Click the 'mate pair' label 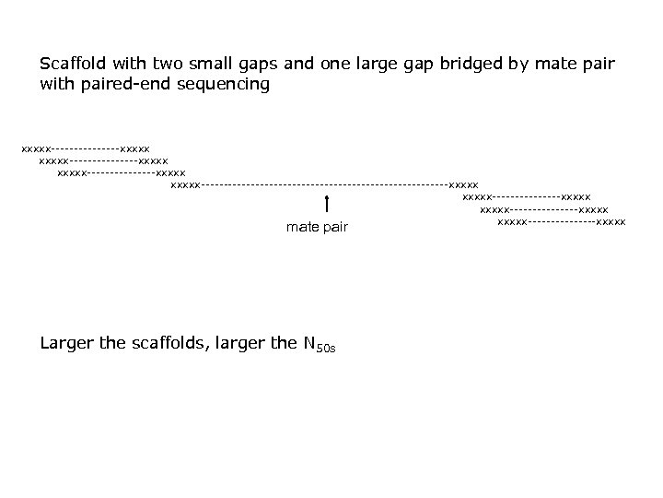(x=317, y=227)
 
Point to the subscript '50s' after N (x=324, y=349)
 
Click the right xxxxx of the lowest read (x=611, y=221)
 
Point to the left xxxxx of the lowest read (x=512, y=221)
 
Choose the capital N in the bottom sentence (x=308, y=343)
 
